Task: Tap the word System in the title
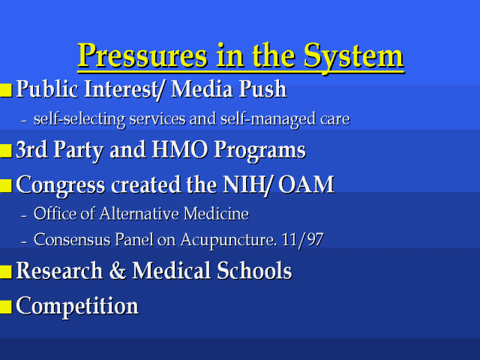pos(353,57)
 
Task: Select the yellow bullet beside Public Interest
pos(6,91)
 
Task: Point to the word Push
pos(263,89)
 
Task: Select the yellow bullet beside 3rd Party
pos(6,151)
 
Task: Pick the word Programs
pos(259,151)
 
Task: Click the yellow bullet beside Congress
pos(6,186)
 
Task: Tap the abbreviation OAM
pos(306,184)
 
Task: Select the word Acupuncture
pos(228,240)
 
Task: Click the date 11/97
pos(302,239)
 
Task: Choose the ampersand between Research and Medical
pos(117,271)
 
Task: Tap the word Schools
pos(254,271)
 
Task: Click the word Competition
pos(77,306)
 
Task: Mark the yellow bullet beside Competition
pos(6,307)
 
